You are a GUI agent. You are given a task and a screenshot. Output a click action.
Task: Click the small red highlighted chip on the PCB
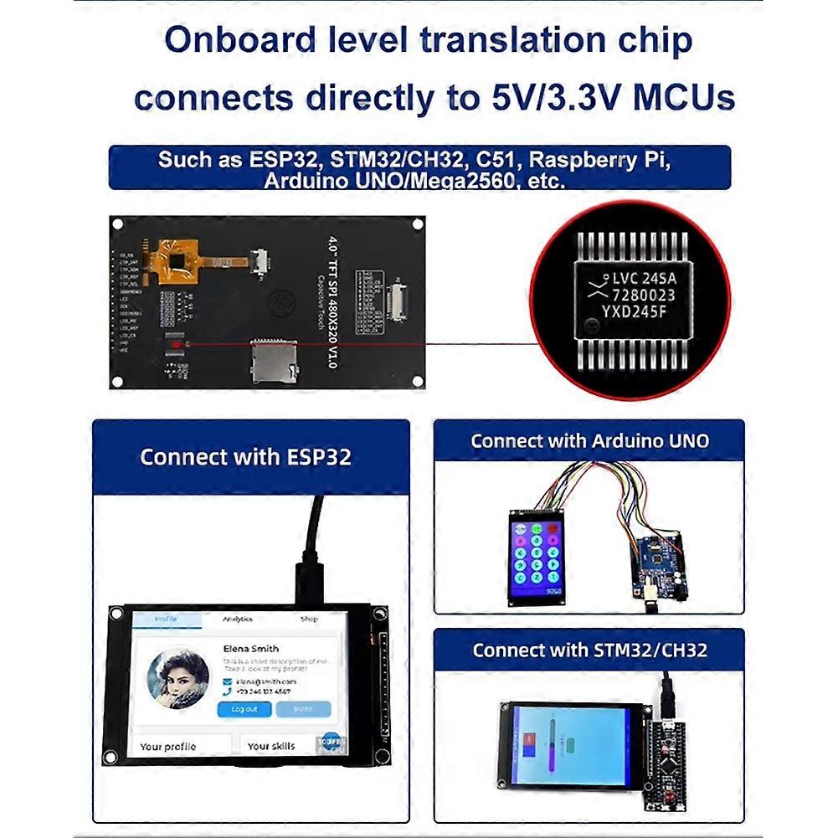(x=176, y=344)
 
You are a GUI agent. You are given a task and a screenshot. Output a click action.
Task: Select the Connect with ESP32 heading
(x=245, y=457)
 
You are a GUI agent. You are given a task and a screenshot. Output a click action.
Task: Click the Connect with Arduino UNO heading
(x=589, y=441)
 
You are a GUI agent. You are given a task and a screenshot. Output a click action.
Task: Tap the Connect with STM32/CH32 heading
(x=589, y=650)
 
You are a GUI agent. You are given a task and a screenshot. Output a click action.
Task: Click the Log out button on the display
(x=244, y=709)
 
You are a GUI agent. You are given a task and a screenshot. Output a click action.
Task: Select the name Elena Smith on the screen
(x=250, y=648)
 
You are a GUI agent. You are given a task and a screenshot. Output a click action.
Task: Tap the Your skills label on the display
(x=270, y=746)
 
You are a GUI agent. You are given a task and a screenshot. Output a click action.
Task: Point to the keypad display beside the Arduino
(x=537, y=558)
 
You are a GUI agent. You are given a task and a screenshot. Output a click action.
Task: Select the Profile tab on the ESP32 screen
(x=167, y=620)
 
